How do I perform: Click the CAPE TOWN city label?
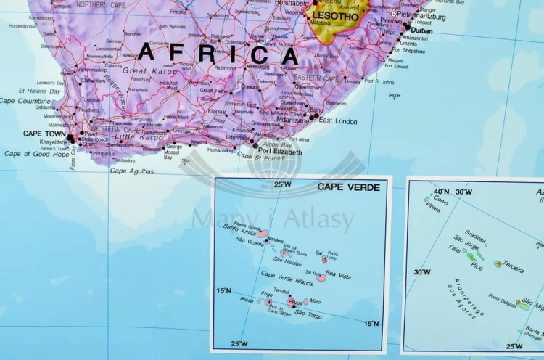[x=43, y=134]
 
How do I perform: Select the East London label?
[x=338, y=120]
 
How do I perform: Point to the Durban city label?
[x=421, y=30]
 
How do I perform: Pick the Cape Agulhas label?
[x=132, y=171]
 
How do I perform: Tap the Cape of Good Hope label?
[x=36, y=154]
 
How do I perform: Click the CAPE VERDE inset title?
[x=348, y=187]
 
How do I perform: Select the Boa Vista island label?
[x=338, y=275]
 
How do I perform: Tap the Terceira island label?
[x=514, y=266]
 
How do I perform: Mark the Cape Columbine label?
[x=25, y=102]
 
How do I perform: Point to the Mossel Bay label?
[x=173, y=152]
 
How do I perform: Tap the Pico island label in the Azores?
[x=477, y=266]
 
